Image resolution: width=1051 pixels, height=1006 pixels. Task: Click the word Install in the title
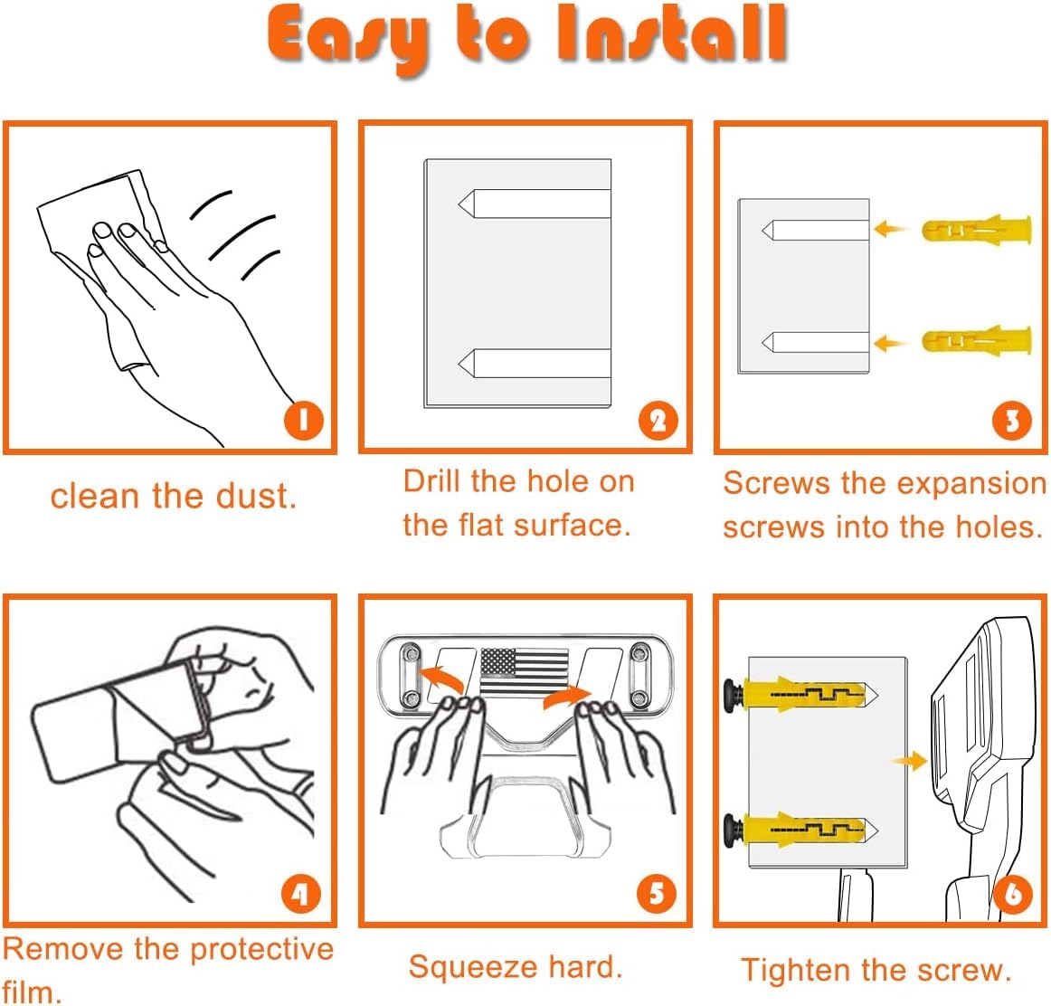coord(672,33)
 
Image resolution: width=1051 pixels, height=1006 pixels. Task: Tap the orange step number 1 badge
coord(303,421)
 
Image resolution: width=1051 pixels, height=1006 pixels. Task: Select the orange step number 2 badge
coord(658,421)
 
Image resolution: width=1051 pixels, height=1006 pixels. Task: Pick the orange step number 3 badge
coord(1011,421)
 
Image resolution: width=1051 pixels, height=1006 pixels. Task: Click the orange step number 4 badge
coord(301,894)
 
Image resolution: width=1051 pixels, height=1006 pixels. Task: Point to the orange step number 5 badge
coord(657,894)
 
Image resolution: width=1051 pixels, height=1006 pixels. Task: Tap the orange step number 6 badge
coord(1012,894)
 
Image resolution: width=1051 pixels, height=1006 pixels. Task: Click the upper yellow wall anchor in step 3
coord(977,230)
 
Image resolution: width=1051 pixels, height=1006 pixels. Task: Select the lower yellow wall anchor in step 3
coord(977,342)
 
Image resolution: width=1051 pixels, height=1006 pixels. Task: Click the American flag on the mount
coord(525,671)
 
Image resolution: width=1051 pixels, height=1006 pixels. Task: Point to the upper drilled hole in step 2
coord(535,203)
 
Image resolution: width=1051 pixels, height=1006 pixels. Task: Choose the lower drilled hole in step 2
coord(535,363)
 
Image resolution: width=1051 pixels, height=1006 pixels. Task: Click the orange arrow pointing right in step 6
coord(910,761)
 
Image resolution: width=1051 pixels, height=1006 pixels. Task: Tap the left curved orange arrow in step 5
coord(441,679)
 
